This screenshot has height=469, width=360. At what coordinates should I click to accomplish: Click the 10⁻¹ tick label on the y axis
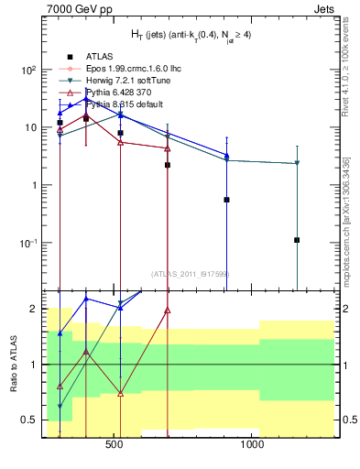(x=26, y=243)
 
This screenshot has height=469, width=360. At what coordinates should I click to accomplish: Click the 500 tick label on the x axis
(x=115, y=450)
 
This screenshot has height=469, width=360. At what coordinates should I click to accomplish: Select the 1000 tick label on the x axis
(x=252, y=450)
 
